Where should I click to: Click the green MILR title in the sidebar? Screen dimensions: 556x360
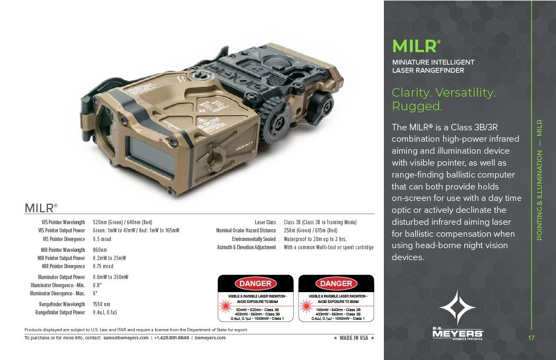(412, 46)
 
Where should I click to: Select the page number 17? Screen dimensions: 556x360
(532, 338)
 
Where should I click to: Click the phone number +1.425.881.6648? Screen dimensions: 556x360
(172, 338)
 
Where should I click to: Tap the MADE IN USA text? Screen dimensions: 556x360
(353, 338)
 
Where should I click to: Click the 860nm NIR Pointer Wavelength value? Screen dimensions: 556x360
(100, 250)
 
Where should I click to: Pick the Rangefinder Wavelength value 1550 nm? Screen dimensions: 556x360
(102, 304)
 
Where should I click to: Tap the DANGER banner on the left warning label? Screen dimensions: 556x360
(256, 283)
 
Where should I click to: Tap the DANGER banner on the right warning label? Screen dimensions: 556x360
(336, 283)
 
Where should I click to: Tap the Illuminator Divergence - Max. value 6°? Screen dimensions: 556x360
(96, 293)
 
